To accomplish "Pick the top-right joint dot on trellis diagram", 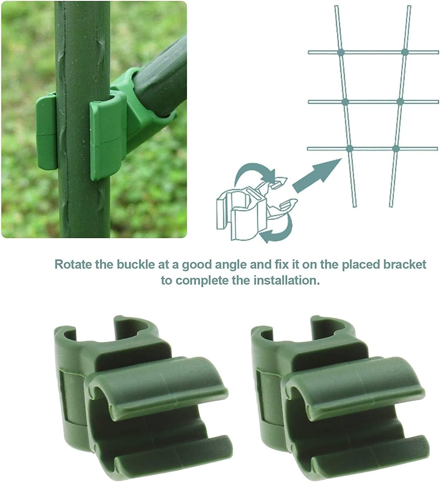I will coord(404,52).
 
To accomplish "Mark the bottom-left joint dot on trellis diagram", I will coord(349,149).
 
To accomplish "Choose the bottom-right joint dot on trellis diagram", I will coord(396,149).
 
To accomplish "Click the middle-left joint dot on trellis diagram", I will coord(344,102).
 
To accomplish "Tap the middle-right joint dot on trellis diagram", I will coord(400,102).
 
